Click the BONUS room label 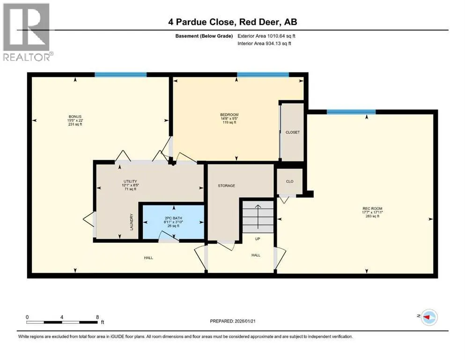75,117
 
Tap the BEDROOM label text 229,115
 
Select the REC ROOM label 372,209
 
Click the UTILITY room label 130,181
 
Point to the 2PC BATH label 173,218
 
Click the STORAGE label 227,186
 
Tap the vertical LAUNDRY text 132,222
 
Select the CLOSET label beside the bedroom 293,132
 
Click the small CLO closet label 290,181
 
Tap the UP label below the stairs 258,239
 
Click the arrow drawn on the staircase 258,217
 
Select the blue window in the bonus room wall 121,75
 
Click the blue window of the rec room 351,112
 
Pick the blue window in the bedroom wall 263,75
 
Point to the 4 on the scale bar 62,317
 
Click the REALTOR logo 27,32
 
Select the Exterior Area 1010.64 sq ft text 266,36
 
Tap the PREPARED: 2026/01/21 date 233,321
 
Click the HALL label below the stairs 256,255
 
